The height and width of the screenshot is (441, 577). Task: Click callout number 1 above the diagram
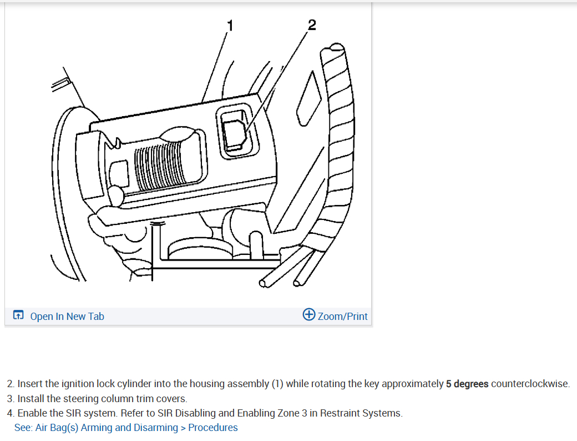point(230,25)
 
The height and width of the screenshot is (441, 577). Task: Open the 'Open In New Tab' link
point(67,316)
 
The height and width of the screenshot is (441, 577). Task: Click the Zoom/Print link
point(342,316)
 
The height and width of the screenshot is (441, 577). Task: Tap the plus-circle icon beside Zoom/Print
point(309,315)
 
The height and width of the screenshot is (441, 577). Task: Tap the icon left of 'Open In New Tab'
point(18,315)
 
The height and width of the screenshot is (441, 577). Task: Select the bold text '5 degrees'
point(467,384)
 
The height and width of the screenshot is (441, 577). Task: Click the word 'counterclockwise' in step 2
point(530,384)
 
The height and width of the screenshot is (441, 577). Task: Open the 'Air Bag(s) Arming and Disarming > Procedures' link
point(136,427)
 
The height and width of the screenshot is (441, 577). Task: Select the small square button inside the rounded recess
point(234,132)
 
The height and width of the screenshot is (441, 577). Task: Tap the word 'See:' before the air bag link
point(23,427)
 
